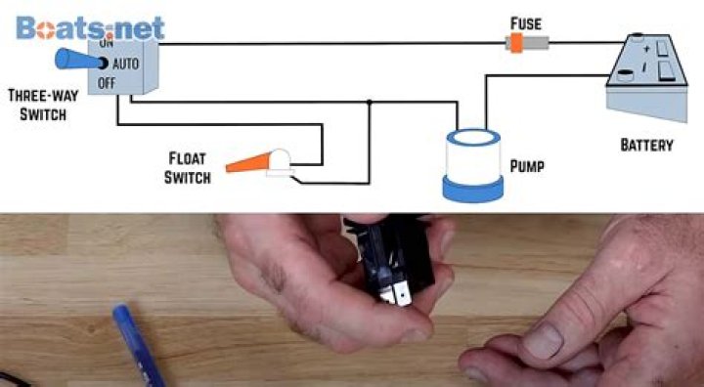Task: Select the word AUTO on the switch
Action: coord(126,63)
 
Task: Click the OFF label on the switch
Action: coord(107,83)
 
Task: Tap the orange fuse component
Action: coord(515,42)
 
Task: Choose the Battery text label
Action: coord(646,145)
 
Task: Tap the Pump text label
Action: coord(526,167)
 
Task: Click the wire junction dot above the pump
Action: coord(369,101)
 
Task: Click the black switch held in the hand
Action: coord(391,263)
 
